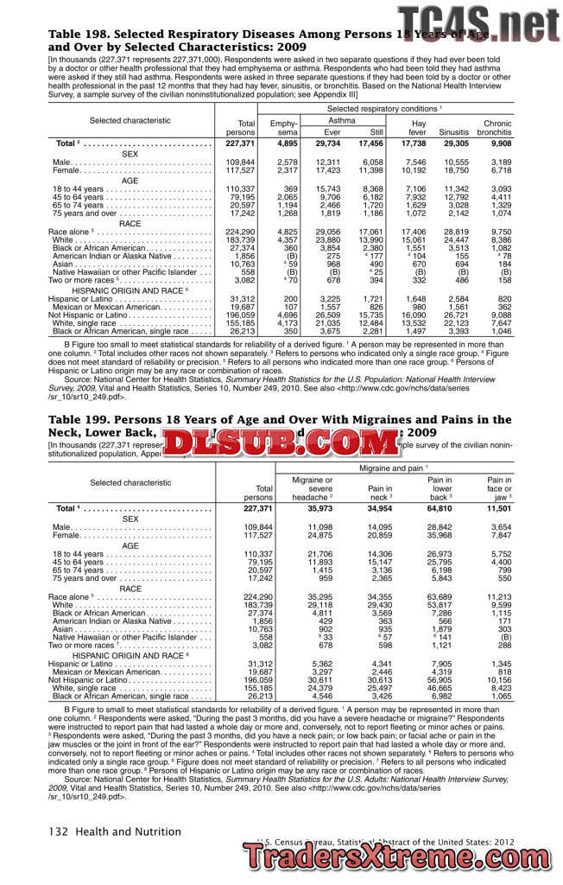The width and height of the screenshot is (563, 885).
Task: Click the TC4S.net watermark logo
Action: [x=478, y=21]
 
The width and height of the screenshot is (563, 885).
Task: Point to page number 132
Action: [x=58, y=831]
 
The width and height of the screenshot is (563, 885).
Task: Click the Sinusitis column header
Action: [x=453, y=132]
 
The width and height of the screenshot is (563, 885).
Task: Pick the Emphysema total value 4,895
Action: [x=287, y=143]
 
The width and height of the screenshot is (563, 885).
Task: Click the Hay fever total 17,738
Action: [x=414, y=143]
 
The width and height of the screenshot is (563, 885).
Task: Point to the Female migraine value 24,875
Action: [x=314, y=536]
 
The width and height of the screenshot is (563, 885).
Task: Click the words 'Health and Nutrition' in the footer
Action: [x=128, y=831]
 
